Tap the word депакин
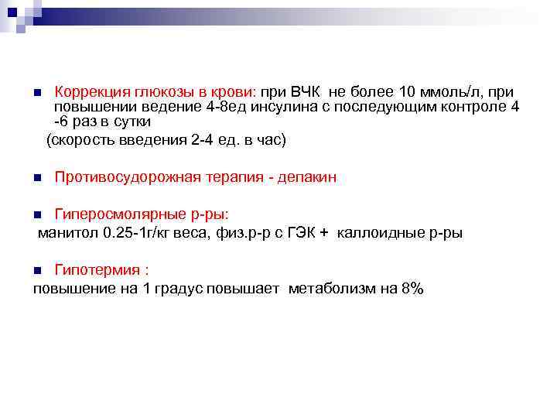[x=309, y=177]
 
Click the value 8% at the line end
[x=412, y=289]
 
